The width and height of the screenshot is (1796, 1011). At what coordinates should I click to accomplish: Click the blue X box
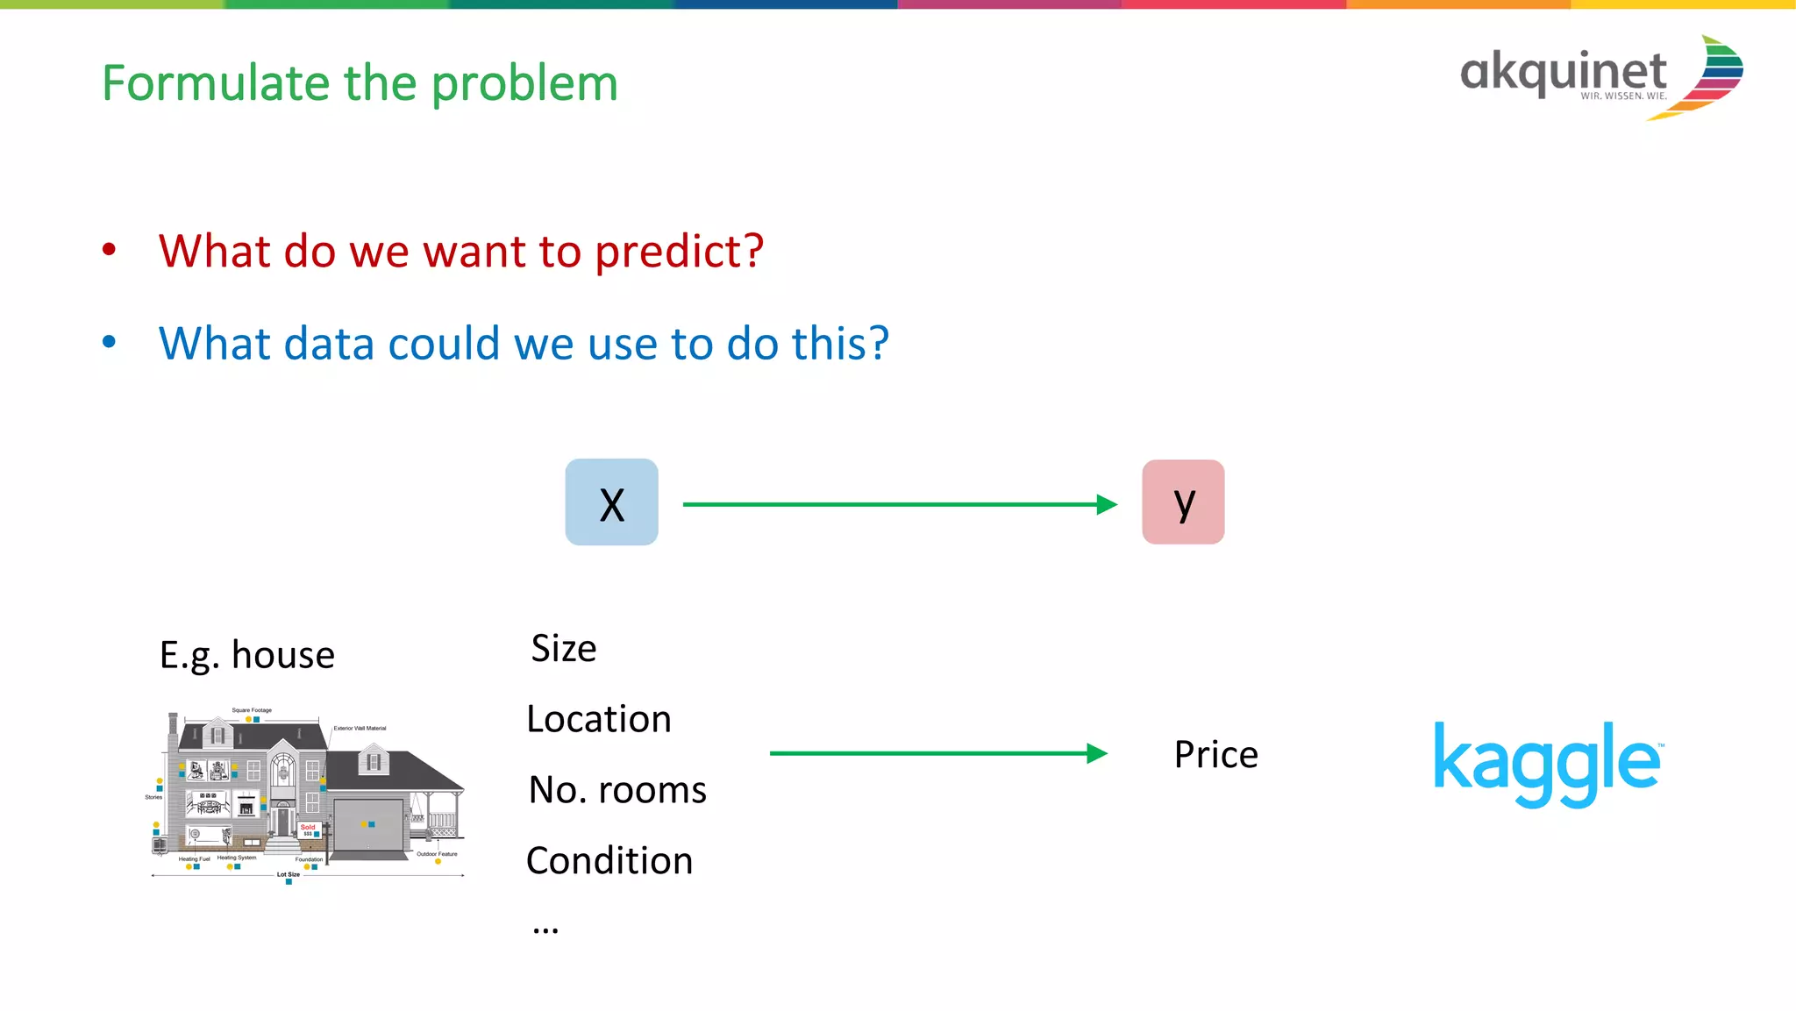(611, 502)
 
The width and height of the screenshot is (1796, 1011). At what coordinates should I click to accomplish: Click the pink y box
(1183, 502)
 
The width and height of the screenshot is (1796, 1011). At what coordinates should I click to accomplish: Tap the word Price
(1215, 755)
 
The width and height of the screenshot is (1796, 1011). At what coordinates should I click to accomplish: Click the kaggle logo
(1547, 763)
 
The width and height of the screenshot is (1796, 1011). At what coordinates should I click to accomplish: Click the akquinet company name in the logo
(1563, 72)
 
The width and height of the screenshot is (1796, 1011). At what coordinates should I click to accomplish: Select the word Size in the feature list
(564, 649)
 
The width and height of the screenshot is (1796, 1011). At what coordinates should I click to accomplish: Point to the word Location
(599, 720)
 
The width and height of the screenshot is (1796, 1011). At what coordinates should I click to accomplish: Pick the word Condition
(609, 861)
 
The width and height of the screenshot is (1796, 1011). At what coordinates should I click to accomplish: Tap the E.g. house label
(247, 655)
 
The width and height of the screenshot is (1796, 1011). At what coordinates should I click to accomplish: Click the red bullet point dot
(109, 250)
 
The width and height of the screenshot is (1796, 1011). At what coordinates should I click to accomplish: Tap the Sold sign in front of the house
(308, 829)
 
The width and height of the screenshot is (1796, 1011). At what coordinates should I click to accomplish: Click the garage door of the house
(367, 823)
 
